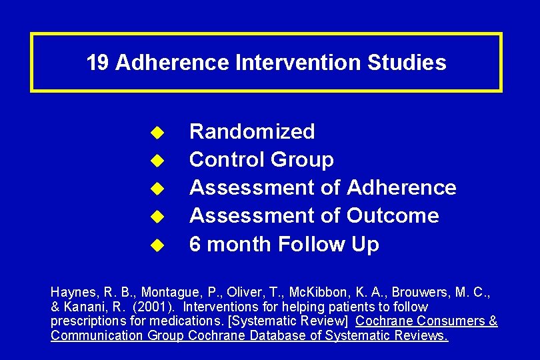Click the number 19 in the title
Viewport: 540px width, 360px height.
click(x=97, y=63)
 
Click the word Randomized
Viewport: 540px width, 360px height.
click(x=252, y=132)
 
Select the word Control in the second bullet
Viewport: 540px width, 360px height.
click(x=227, y=160)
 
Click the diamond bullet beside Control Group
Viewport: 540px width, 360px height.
click(x=156, y=161)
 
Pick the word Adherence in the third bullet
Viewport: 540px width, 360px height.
click(x=401, y=188)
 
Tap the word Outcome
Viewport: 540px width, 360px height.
click(x=393, y=216)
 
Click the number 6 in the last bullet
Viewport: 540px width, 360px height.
click(x=195, y=245)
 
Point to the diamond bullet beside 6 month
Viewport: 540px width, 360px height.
click(x=156, y=245)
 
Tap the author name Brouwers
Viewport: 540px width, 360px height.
click(x=420, y=293)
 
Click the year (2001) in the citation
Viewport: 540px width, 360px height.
click(x=157, y=307)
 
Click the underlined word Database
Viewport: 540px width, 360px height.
click(x=284, y=335)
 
